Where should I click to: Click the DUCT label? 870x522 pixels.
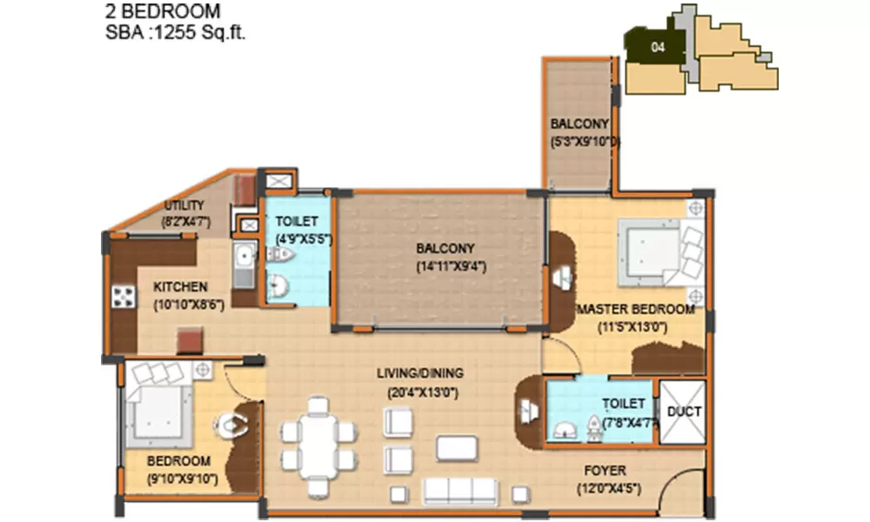point(684,412)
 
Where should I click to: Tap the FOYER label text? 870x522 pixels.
point(607,471)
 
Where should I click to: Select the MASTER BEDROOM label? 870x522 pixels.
point(636,309)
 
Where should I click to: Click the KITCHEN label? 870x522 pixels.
point(180,286)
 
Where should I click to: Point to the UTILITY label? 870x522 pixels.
point(184,205)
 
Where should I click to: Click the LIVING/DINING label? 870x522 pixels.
point(419,373)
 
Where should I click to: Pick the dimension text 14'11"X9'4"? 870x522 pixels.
point(444,267)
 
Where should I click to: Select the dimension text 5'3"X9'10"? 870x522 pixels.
point(583,142)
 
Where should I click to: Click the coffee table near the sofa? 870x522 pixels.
point(457,447)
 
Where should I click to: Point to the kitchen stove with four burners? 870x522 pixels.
point(123,296)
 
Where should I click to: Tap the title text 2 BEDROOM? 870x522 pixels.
point(163,12)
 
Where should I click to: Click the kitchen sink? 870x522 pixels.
point(244,258)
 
